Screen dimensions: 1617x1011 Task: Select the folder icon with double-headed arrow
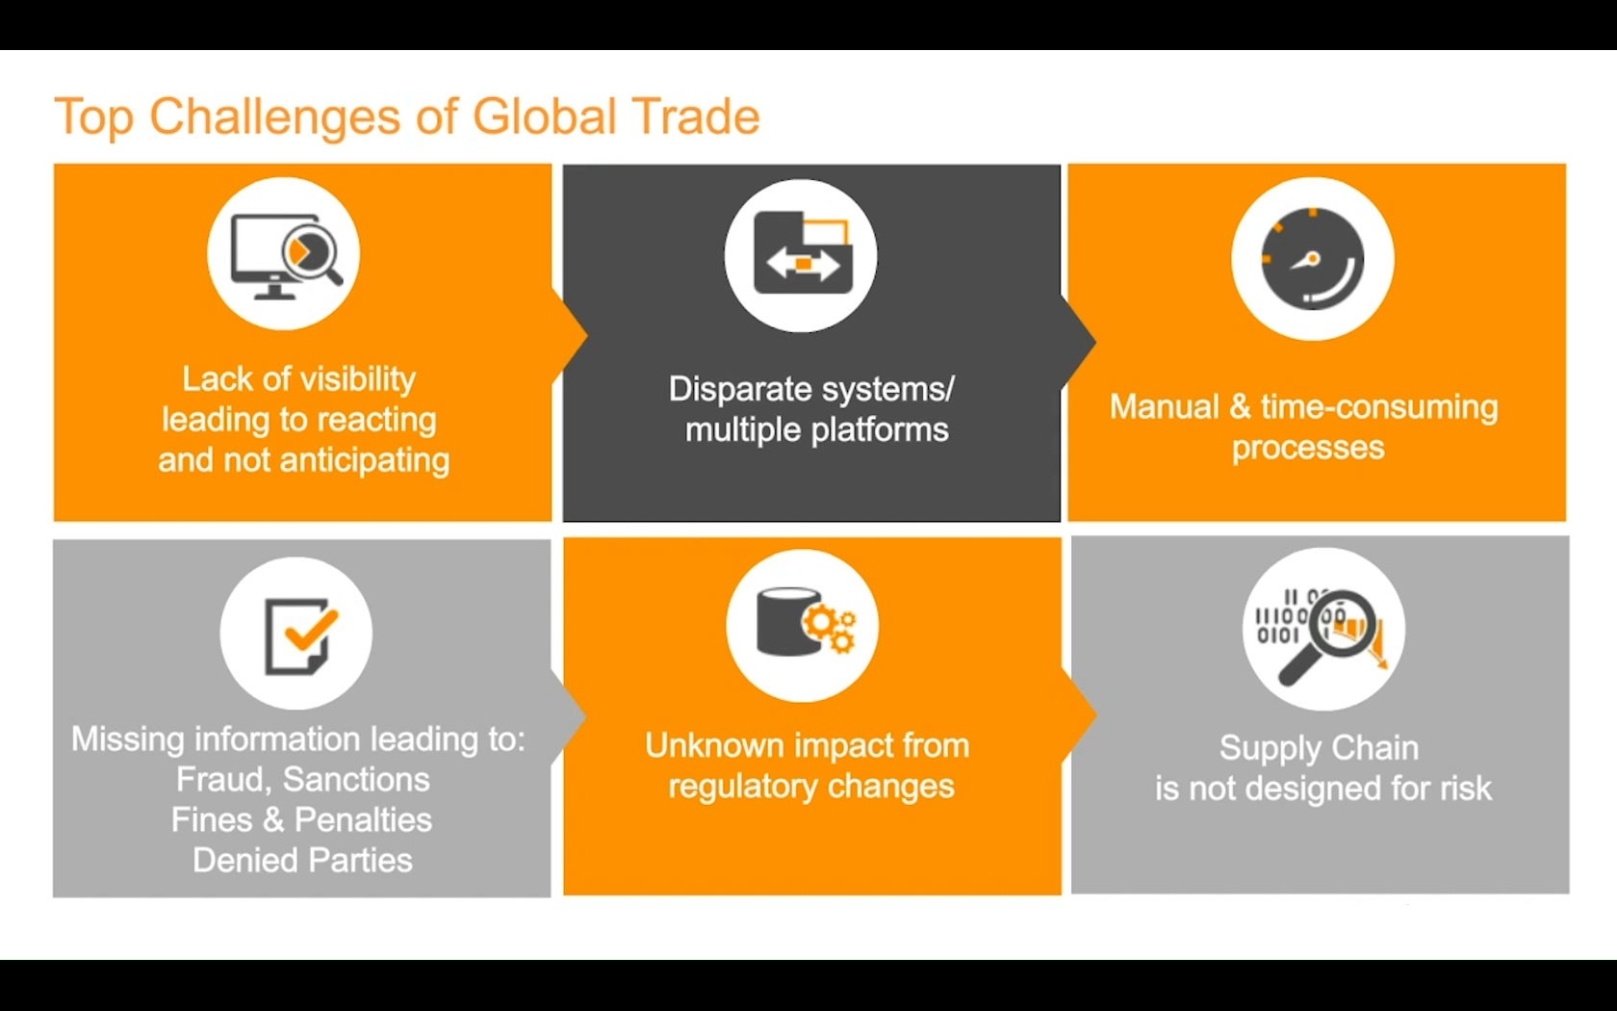[802, 252]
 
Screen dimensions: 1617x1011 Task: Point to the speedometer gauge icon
[1313, 258]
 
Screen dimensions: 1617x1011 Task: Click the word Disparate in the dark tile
[740, 390]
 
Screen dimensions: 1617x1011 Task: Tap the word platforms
[880, 430]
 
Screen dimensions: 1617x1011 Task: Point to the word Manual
[1165, 406]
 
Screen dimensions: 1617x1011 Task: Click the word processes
[1308, 449]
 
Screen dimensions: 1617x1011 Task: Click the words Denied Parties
[302, 860]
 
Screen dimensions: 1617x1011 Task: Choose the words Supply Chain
[1319, 749]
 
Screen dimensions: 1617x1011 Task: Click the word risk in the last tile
[1465, 788]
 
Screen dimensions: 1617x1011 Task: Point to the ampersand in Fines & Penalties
[273, 820]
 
